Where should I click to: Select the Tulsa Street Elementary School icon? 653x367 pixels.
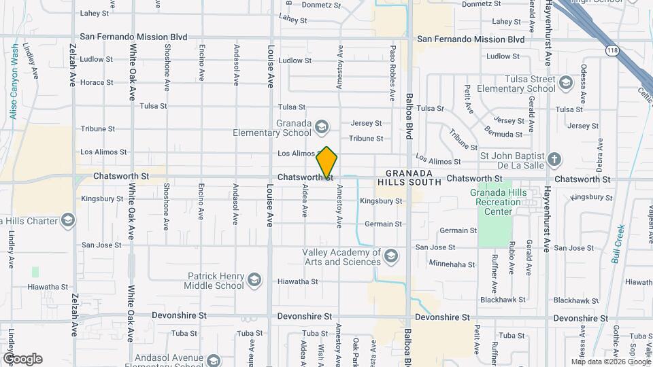(565, 84)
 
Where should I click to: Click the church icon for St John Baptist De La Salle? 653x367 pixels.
(554, 160)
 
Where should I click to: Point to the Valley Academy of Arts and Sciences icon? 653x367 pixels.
(390, 256)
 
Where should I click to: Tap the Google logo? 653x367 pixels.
(22, 359)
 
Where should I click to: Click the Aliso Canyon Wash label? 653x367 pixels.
(14, 82)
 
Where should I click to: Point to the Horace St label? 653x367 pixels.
(97, 82)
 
